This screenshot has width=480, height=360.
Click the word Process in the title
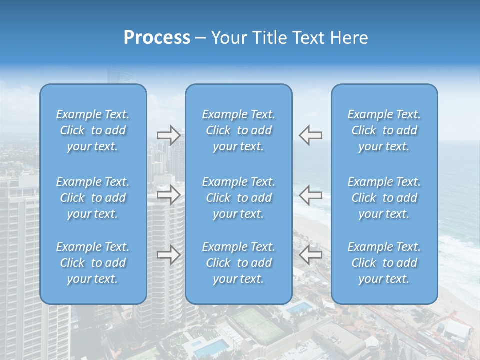157,38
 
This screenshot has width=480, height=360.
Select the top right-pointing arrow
169,135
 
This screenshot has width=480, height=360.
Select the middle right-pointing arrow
169,195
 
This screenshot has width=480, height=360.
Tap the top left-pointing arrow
310,135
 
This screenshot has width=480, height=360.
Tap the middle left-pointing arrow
310,195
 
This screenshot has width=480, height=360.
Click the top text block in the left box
93,130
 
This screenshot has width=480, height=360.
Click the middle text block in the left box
93,198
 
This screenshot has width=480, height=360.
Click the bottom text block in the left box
93,263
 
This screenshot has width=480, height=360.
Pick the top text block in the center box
238,130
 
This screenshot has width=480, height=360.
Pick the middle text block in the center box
238,198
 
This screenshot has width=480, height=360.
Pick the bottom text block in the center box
238,263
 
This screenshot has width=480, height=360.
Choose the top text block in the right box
384,130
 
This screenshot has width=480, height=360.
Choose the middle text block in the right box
384,198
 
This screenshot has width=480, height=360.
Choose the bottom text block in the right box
384,263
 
